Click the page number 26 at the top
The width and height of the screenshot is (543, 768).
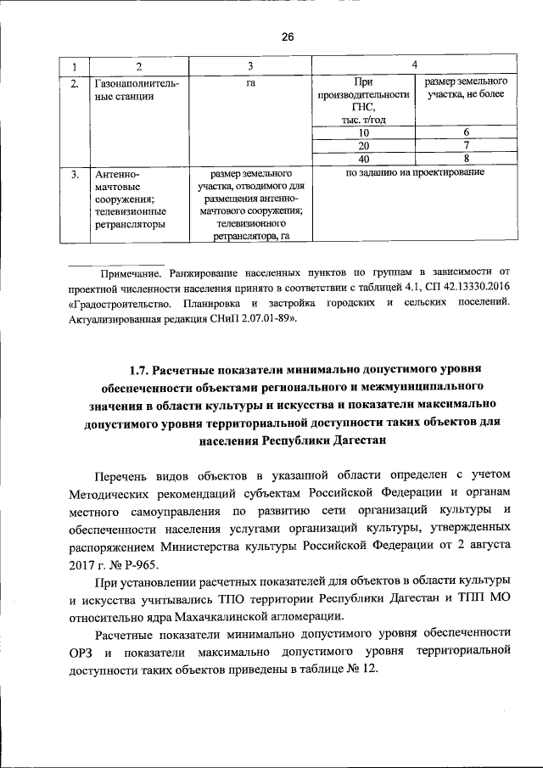(x=287, y=36)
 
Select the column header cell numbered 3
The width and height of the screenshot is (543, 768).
(x=250, y=67)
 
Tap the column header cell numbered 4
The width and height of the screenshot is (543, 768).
(x=413, y=65)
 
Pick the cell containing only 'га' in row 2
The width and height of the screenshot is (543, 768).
(x=250, y=84)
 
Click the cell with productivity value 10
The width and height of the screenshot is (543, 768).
(x=363, y=132)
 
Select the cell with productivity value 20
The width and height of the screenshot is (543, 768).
(x=363, y=145)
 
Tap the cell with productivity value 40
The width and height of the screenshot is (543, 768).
(x=363, y=159)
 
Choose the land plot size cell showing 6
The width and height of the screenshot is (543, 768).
(x=466, y=132)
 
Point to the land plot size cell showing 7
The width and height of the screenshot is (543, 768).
(x=466, y=145)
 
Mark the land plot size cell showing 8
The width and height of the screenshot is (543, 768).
(x=466, y=159)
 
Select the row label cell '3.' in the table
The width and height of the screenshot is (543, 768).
(x=75, y=174)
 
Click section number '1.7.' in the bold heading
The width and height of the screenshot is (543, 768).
(x=139, y=370)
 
